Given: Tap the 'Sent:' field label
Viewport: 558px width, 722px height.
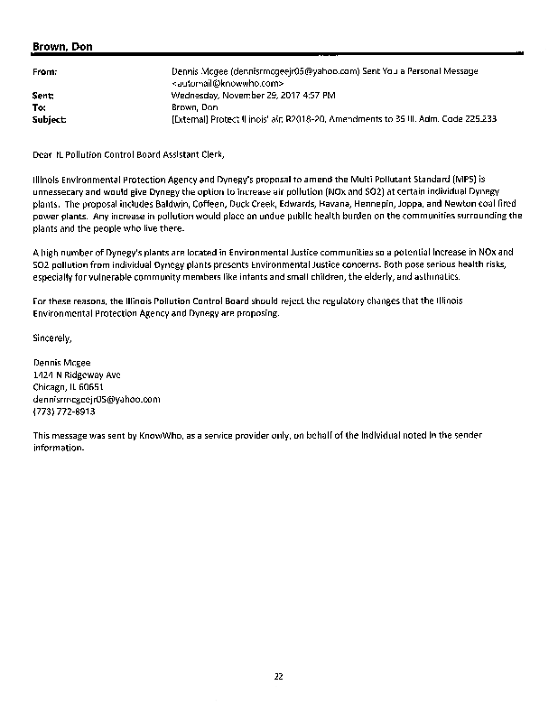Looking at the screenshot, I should click(x=42, y=94).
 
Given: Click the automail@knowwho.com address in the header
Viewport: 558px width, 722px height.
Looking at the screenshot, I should click(x=221, y=82).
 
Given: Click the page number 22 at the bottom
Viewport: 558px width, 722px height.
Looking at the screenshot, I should click(x=279, y=676).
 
